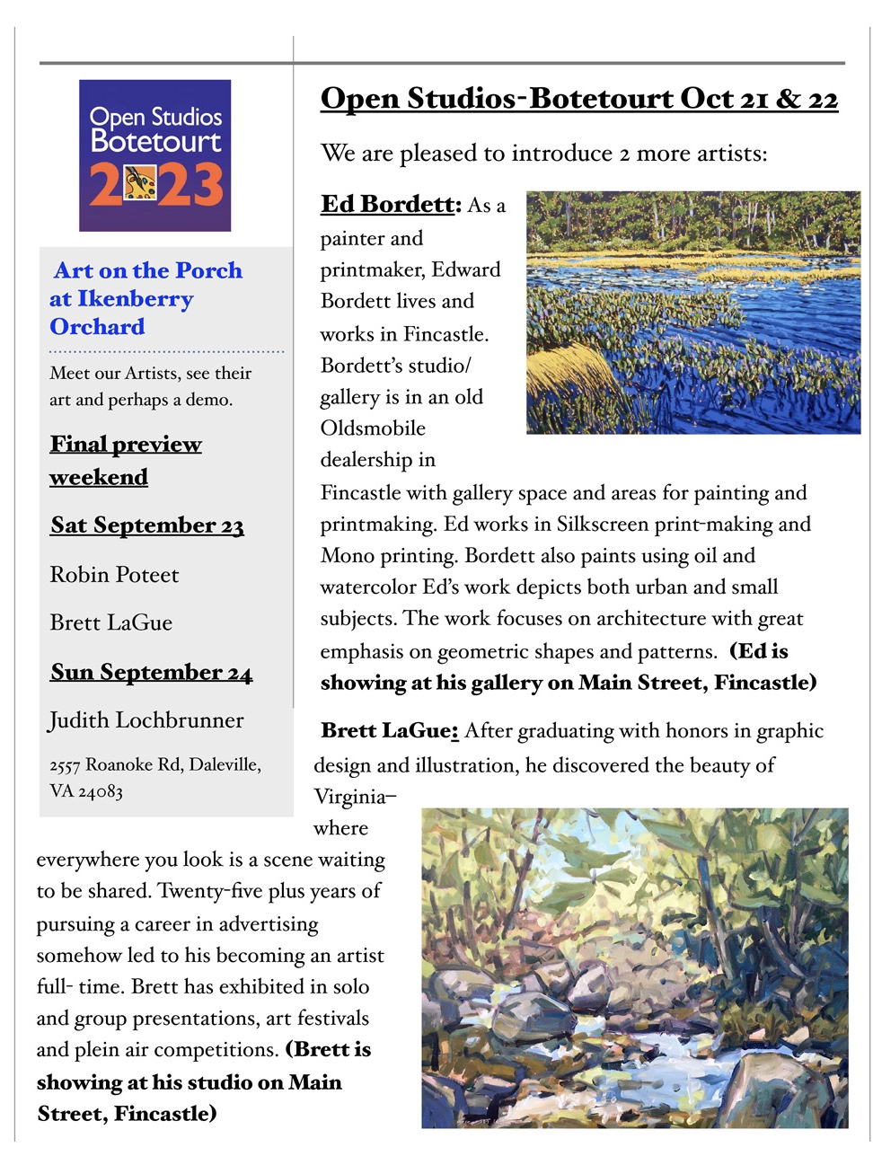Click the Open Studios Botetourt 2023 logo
[x=154, y=154]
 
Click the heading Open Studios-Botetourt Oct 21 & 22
[x=578, y=99]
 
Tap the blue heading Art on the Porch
[x=148, y=270]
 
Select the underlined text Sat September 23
[x=147, y=525]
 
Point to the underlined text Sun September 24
[x=151, y=673]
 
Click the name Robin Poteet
[x=114, y=575]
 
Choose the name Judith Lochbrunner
[x=146, y=720]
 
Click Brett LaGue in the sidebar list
[x=110, y=623]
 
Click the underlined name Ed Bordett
[x=388, y=205]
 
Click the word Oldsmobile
[x=373, y=428]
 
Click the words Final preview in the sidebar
[x=126, y=445]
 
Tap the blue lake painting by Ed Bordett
[x=692, y=312]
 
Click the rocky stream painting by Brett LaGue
[x=634, y=967]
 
